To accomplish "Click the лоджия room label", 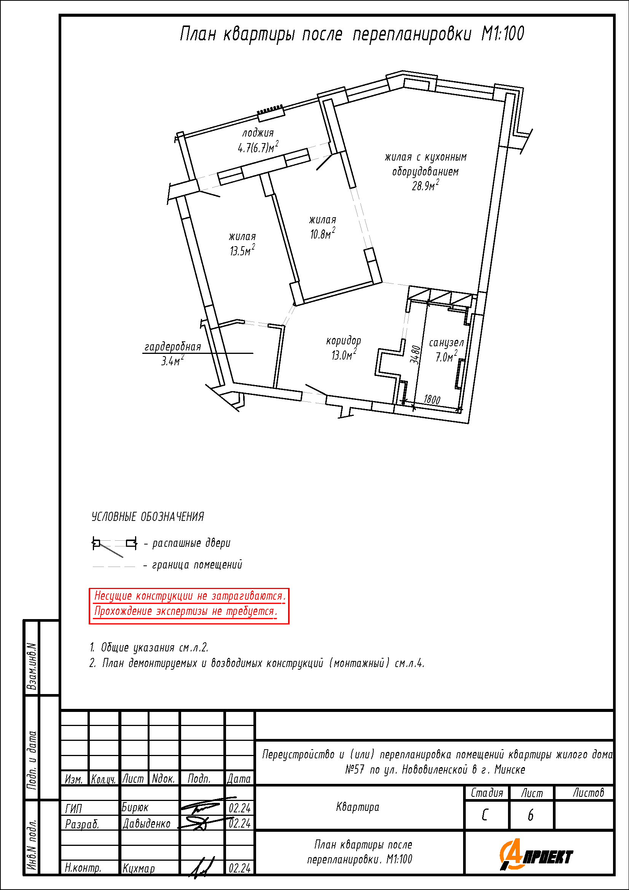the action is pyautogui.click(x=258, y=133).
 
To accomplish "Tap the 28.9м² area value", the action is pyautogui.click(x=425, y=185).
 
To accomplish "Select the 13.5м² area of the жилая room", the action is pyautogui.click(x=242, y=250).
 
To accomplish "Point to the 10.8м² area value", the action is pyautogui.click(x=322, y=233).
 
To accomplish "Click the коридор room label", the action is pyautogui.click(x=343, y=341).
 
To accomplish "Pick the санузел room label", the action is pyautogui.click(x=446, y=343).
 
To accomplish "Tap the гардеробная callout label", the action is pyautogui.click(x=173, y=347).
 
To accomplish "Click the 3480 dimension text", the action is pyautogui.click(x=415, y=355).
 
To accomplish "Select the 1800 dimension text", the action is pyautogui.click(x=432, y=400).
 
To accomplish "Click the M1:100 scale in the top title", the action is pyautogui.click(x=503, y=34).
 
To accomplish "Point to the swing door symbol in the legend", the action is pyautogui.click(x=114, y=546).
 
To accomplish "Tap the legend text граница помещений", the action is pyautogui.click(x=197, y=565).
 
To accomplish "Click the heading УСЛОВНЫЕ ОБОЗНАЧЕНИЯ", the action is pyautogui.click(x=148, y=517).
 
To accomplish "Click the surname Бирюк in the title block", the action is pyautogui.click(x=135, y=807).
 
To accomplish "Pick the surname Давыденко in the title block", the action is pyautogui.click(x=147, y=823).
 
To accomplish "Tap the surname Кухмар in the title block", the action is pyautogui.click(x=139, y=868).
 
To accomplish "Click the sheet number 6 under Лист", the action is pyautogui.click(x=530, y=815).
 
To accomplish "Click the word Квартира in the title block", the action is pyautogui.click(x=358, y=807).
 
